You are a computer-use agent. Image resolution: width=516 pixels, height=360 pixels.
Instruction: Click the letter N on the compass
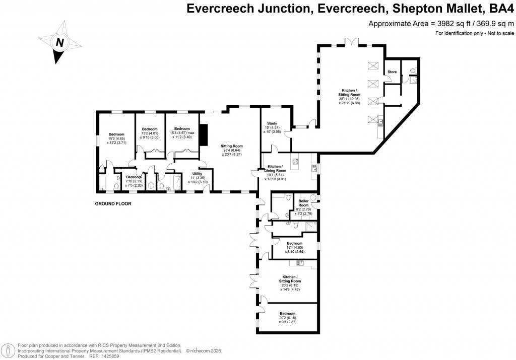point(59,42)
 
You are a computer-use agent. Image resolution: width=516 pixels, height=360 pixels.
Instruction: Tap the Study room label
point(270,124)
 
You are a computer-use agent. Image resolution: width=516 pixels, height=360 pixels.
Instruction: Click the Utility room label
point(197,174)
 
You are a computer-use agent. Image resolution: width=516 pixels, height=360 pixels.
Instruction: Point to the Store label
point(392,72)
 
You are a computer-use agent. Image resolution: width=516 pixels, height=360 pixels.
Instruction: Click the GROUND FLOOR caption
point(113,204)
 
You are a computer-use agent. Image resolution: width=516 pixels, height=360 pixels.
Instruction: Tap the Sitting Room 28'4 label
point(232,146)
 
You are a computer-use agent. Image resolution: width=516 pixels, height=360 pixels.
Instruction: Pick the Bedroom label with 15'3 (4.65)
point(116,134)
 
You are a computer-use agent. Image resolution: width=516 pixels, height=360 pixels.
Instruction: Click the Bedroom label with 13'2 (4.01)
point(150,129)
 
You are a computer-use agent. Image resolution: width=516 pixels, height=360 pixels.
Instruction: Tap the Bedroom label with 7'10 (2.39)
point(134,177)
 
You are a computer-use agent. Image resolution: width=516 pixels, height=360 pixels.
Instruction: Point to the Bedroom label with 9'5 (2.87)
point(288,314)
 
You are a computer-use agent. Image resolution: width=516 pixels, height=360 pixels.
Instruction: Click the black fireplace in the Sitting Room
point(203,134)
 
